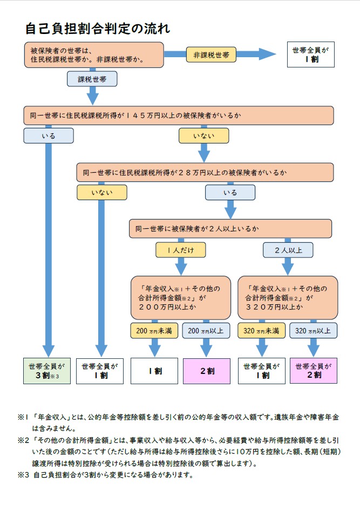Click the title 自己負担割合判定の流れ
(x=97, y=28)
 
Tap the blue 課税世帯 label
(x=92, y=79)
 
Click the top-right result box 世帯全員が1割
(x=310, y=54)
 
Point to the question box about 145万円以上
(x=178, y=115)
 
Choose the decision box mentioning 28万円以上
(x=205, y=173)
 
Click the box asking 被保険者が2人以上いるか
(x=230, y=229)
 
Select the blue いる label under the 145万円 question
(x=48, y=135)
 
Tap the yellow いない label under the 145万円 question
(x=204, y=135)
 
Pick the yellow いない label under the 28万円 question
(x=101, y=192)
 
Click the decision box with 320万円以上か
(x=288, y=297)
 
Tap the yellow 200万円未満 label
(x=154, y=330)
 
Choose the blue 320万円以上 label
(x=314, y=330)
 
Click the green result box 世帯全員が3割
(x=47, y=371)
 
